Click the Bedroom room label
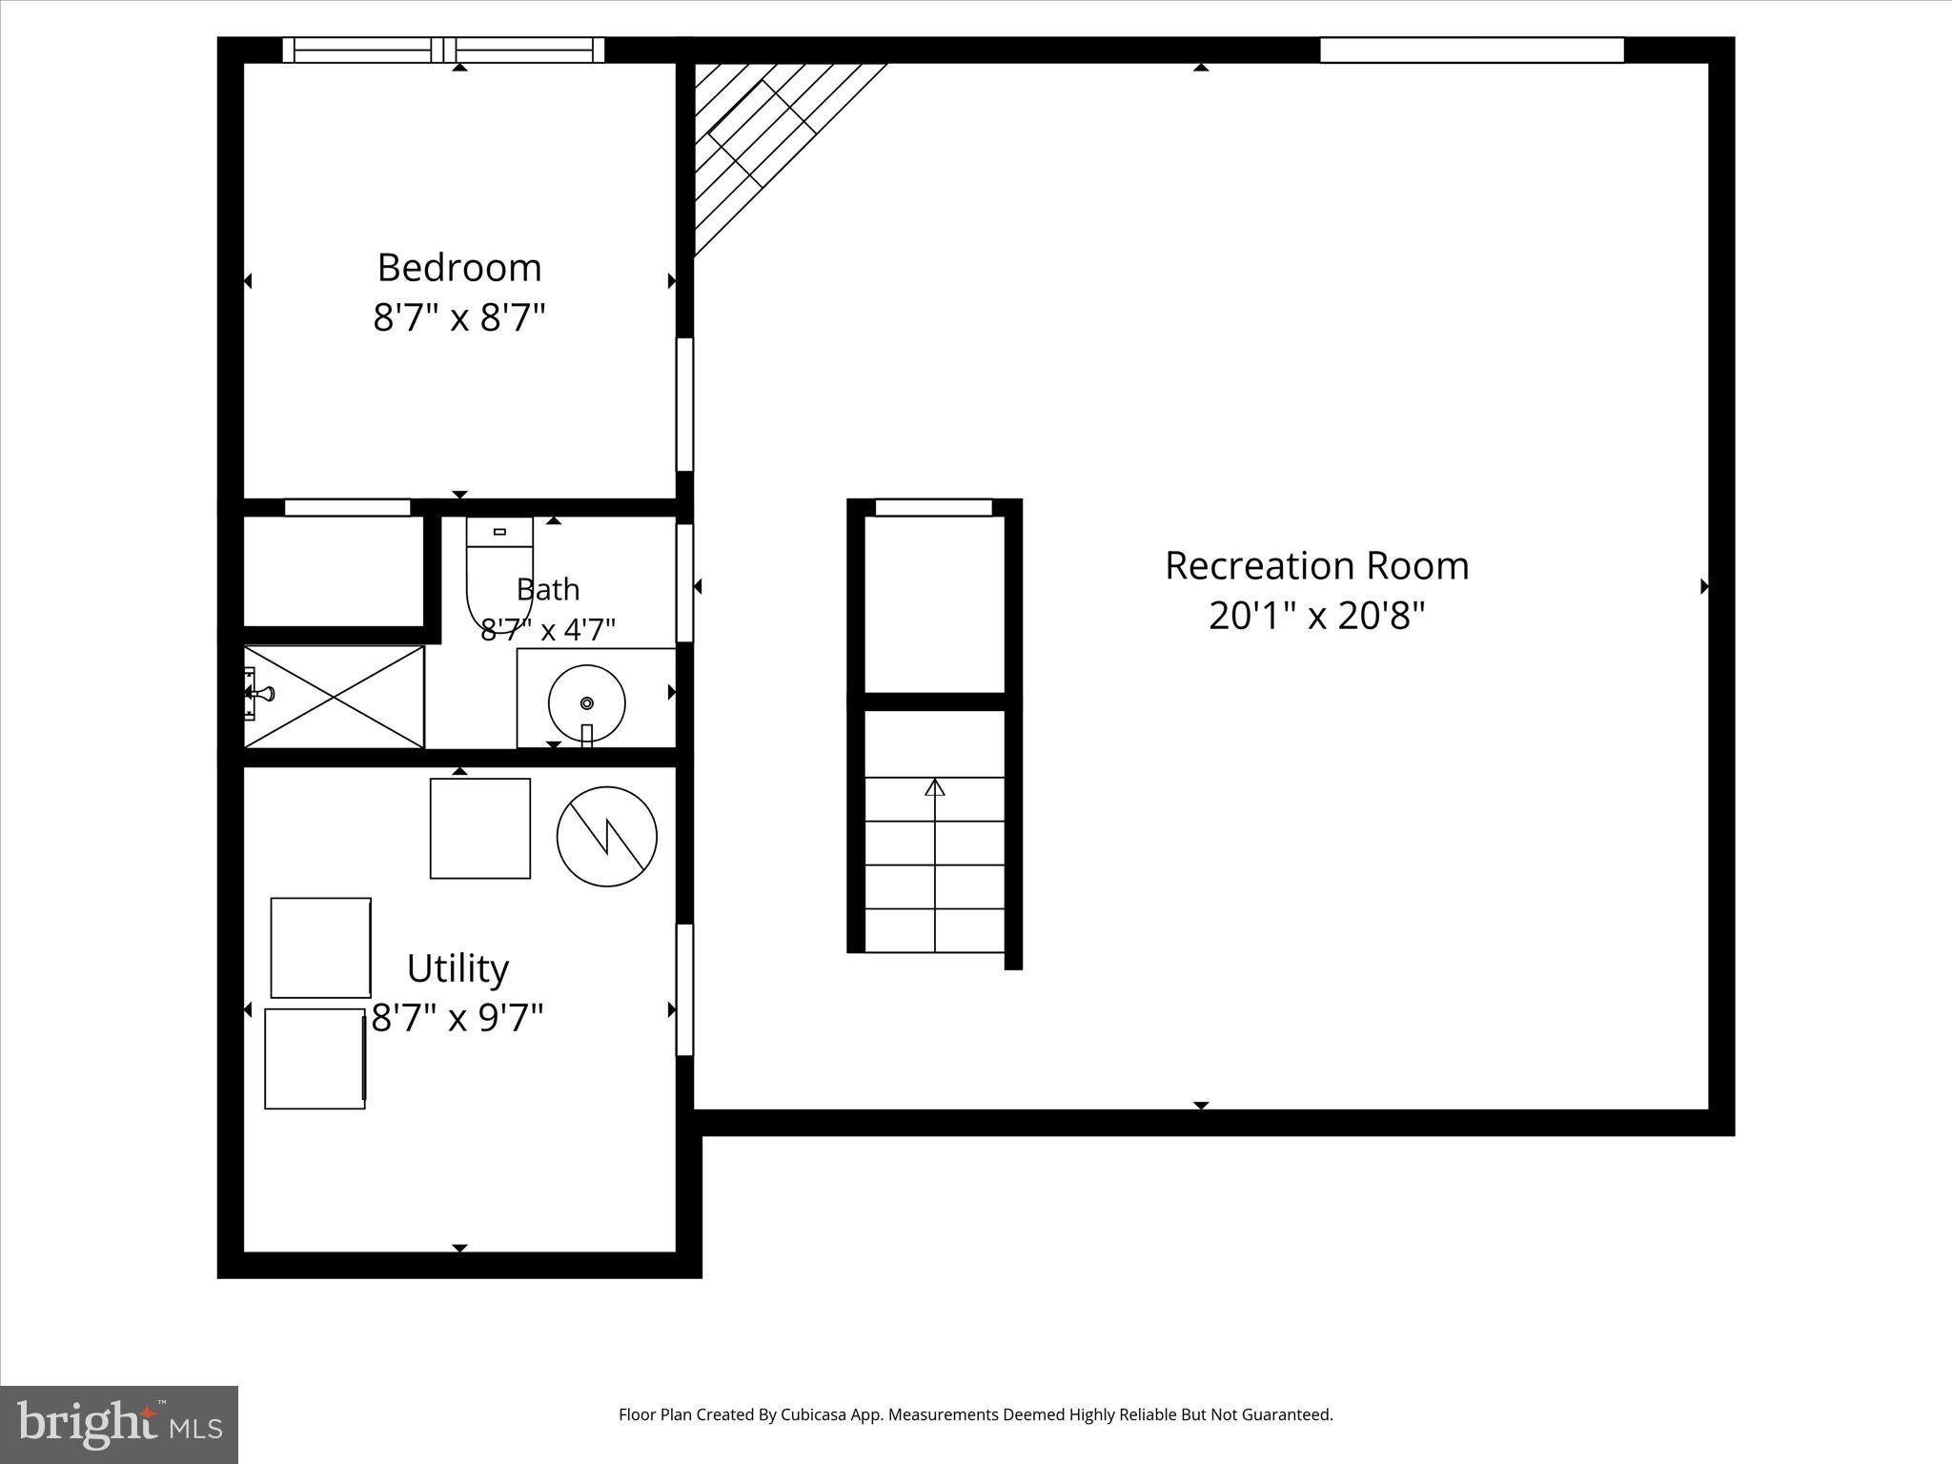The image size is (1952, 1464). [459, 268]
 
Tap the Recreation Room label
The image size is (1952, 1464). [1316, 566]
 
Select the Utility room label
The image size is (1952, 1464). [457, 969]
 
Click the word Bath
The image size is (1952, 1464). [548, 589]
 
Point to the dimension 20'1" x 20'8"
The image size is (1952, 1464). [1316, 616]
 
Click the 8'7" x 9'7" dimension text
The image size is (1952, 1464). [457, 1018]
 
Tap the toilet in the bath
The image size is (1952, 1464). [499, 575]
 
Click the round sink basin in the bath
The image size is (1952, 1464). [587, 703]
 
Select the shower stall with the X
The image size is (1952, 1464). [334, 697]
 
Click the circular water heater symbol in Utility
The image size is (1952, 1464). [607, 837]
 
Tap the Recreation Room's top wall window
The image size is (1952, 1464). [1472, 51]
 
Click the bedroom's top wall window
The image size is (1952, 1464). [443, 51]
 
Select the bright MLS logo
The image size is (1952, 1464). [119, 1424]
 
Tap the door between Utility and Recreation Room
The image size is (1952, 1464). [684, 989]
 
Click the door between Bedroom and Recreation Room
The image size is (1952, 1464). [684, 404]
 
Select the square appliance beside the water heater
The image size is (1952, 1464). [480, 828]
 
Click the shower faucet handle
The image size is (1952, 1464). [261, 694]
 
